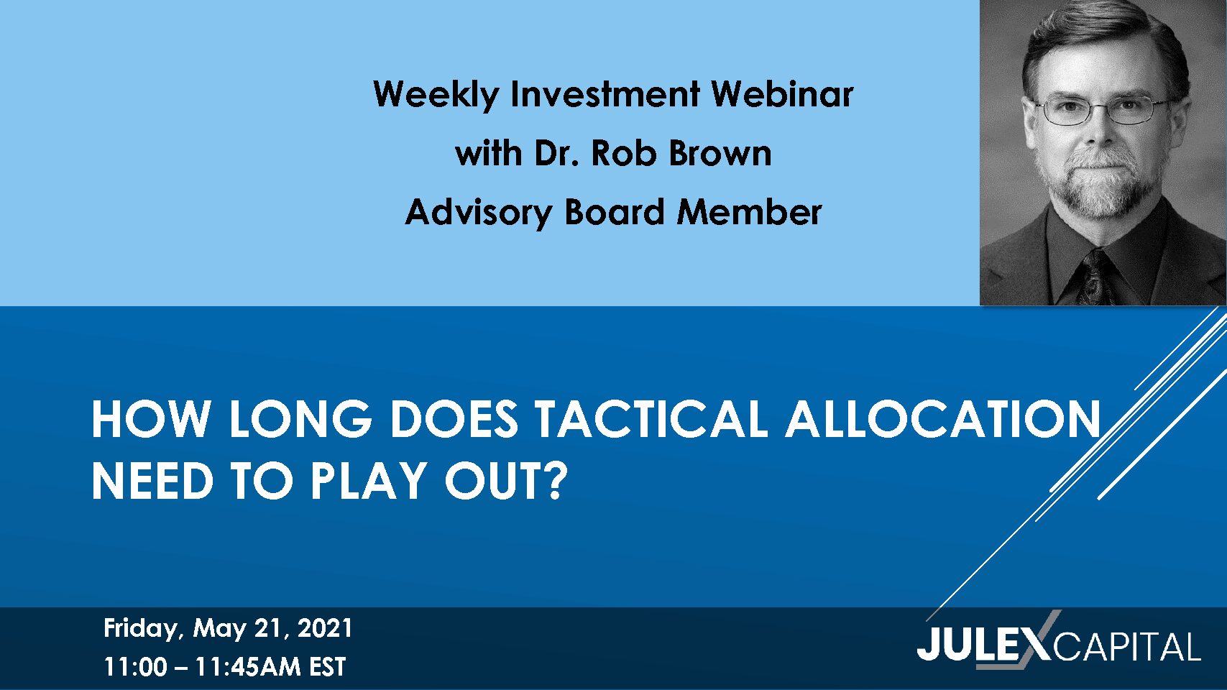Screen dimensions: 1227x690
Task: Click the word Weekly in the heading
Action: [436, 94]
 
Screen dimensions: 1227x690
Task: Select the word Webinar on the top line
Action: [782, 93]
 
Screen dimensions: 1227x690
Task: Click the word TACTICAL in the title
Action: [651, 419]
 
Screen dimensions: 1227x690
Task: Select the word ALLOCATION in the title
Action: [943, 419]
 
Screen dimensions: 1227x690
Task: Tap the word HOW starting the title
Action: [151, 419]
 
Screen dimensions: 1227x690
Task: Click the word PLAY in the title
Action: [369, 481]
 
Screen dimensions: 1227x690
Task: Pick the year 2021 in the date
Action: [324, 628]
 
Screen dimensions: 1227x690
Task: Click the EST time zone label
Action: [327, 667]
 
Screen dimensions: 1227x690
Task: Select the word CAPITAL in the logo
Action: [1127, 647]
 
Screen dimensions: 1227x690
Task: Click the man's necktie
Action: [1097, 277]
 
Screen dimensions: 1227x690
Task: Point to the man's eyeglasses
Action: [1102, 109]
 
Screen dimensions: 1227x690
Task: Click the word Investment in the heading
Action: [605, 93]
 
